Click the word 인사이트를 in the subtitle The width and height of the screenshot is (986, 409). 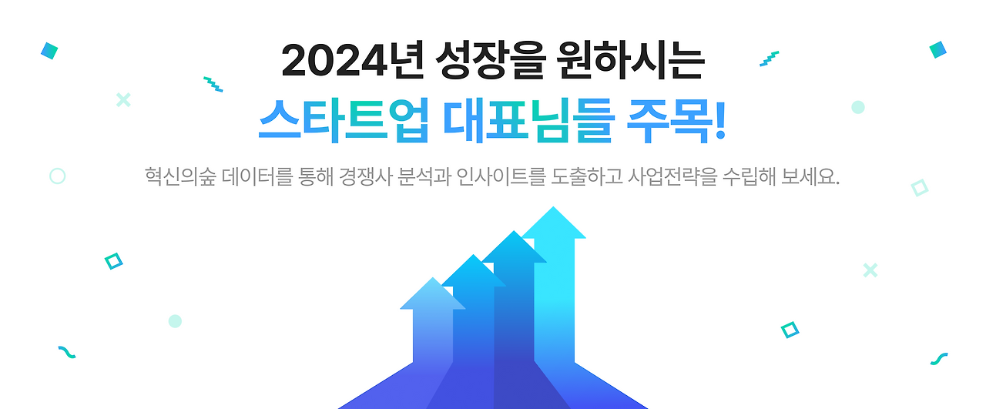point(499,176)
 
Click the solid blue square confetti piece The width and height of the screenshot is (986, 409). point(49,51)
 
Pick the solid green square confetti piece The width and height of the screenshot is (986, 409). point(937,50)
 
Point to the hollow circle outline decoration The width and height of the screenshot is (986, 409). point(57,176)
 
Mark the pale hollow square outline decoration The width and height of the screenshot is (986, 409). point(919,187)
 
